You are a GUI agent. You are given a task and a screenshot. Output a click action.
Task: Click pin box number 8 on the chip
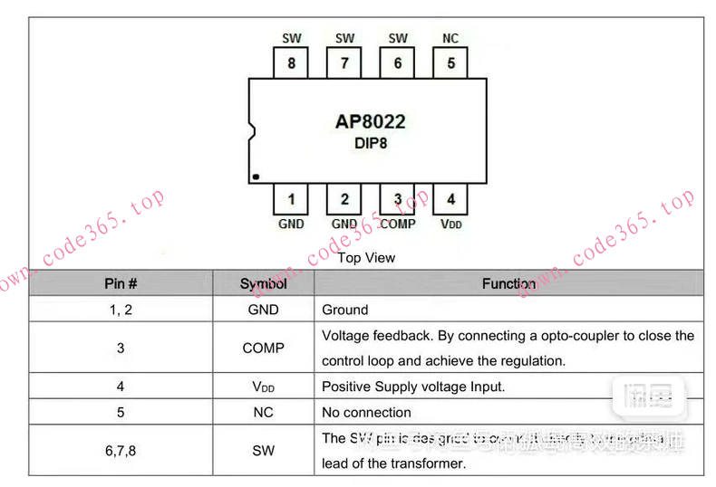pos(291,63)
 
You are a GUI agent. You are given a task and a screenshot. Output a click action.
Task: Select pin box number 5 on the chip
pos(450,63)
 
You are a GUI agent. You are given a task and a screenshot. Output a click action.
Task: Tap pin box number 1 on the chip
pos(291,199)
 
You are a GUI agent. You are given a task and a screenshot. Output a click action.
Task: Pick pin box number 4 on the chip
pos(450,199)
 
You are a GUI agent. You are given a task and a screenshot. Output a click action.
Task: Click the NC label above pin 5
pos(450,38)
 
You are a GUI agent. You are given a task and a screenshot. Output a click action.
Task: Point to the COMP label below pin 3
pos(398,224)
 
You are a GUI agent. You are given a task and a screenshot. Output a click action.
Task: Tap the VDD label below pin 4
pos(450,224)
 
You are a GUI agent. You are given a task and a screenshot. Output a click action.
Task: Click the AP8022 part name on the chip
pos(371,121)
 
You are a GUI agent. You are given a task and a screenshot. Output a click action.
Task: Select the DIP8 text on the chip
pos(371,143)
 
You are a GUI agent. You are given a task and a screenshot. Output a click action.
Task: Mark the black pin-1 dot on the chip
pos(256,176)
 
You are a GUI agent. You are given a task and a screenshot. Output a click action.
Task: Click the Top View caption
pos(366,258)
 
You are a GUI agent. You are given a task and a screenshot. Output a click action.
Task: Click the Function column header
pos(508,283)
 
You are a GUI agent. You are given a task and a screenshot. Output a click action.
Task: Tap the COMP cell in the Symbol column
pos(263,348)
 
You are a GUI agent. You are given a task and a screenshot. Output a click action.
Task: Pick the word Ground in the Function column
pos(345,310)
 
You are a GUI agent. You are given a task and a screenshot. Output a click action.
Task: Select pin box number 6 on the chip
pos(398,63)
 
